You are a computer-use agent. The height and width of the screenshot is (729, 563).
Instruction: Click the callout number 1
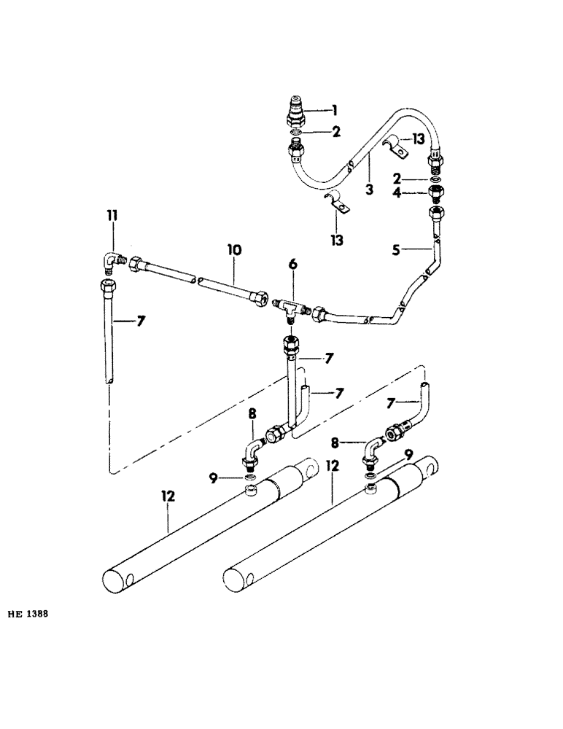tap(334, 111)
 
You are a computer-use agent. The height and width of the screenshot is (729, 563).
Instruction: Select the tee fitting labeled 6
tap(292, 304)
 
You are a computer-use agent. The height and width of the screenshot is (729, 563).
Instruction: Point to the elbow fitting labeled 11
tap(112, 260)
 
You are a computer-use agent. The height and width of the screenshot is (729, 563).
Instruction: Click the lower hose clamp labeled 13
tap(337, 206)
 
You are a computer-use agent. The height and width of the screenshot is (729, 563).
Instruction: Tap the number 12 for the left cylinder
tap(168, 496)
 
